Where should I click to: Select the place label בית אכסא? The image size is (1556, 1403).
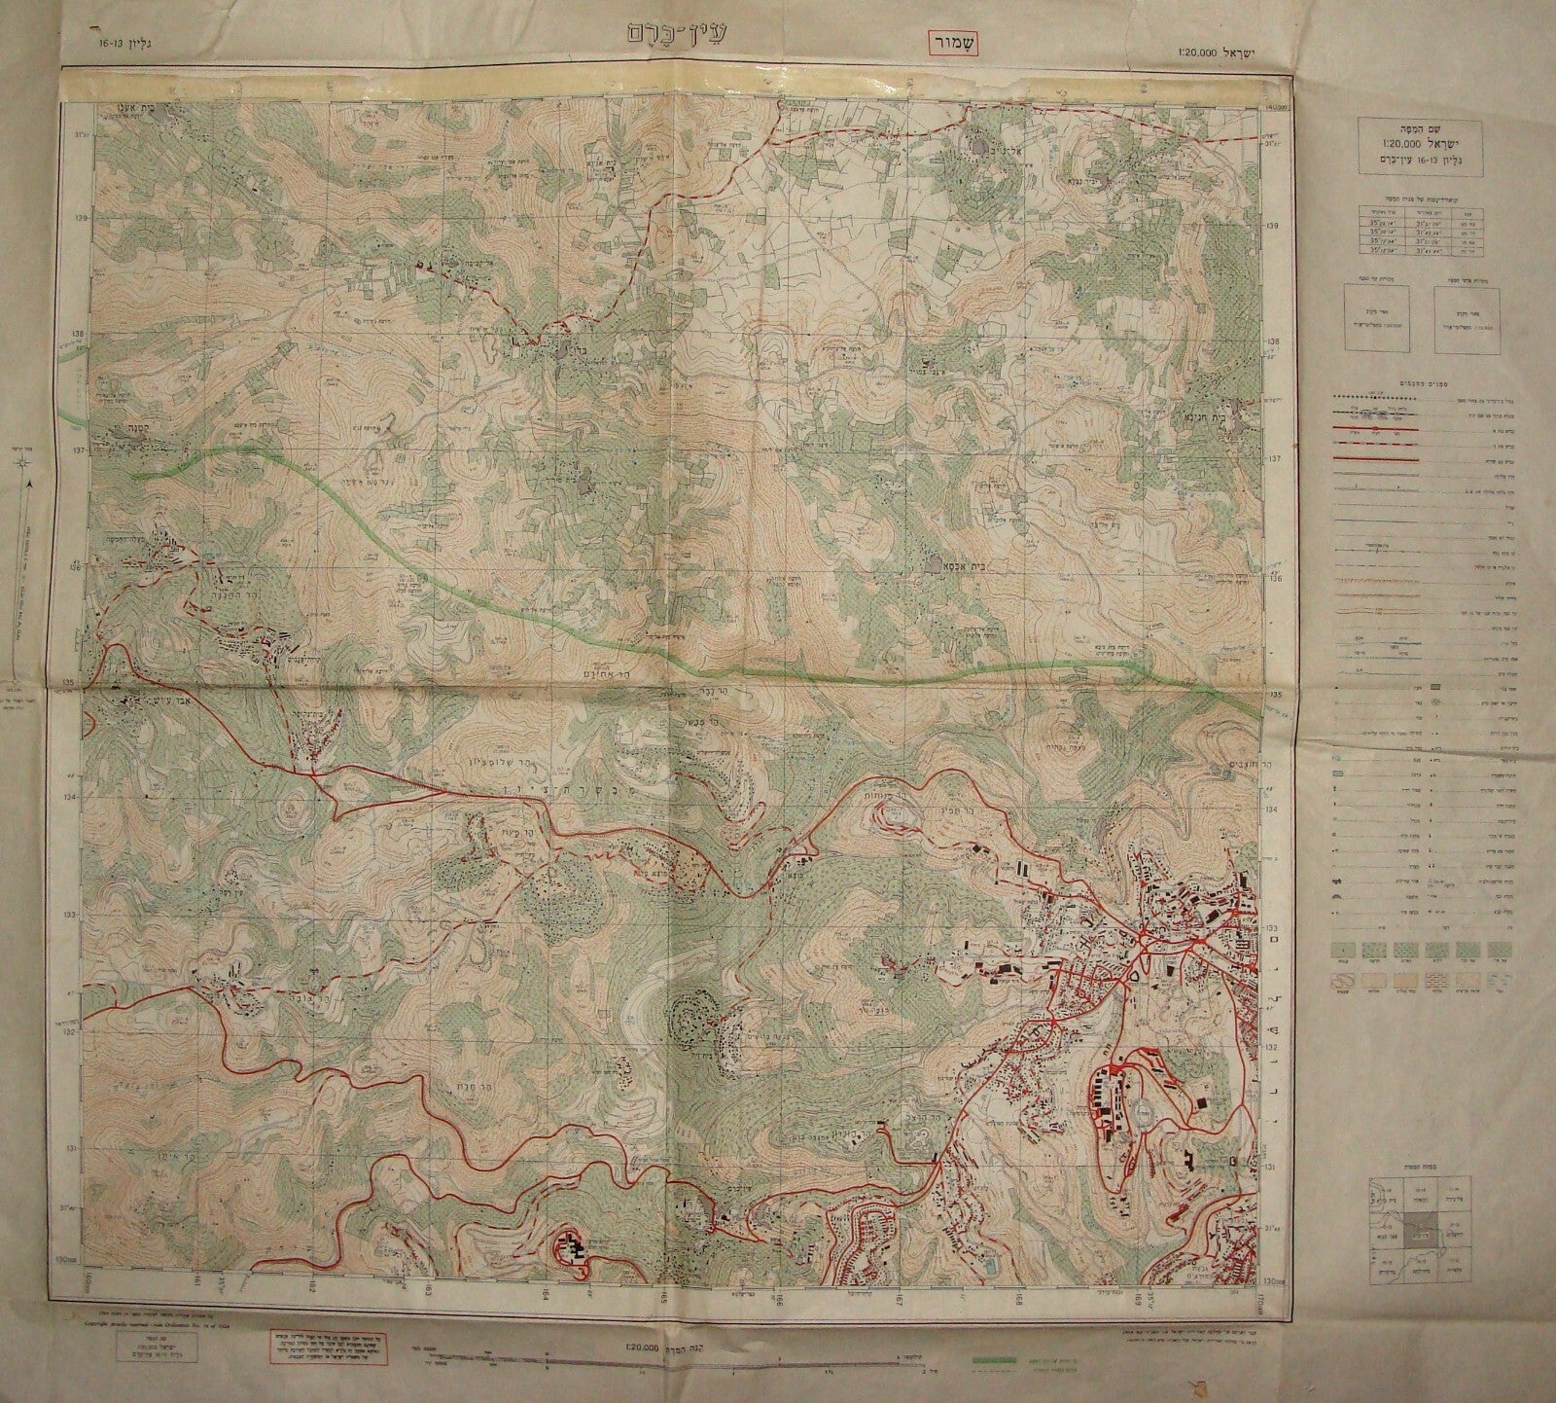click(x=951, y=563)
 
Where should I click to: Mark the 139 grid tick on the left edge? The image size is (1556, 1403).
click(x=81, y=218)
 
